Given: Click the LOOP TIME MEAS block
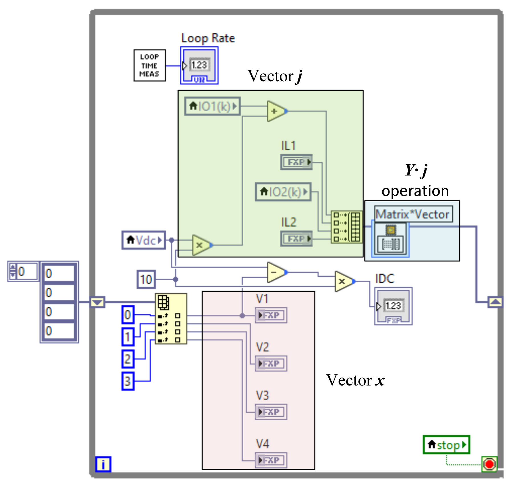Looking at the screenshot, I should (x=150, y=65).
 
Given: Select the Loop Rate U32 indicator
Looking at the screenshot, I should (x=199, y=66).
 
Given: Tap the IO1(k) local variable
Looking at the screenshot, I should (x=212, y=106).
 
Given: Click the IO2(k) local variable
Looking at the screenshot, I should (x=283, y=192).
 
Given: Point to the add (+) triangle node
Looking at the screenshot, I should (x=276, y=111).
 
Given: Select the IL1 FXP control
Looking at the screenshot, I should (x=296, y=162).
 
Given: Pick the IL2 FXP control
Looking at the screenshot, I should (x=296, y=239).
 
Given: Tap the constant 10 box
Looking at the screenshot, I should (x=146, y=279).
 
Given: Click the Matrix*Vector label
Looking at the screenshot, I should (x=413, y=214).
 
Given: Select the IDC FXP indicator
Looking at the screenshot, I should (x=393, y=306).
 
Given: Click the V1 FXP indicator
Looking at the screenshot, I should (x=271, y=315).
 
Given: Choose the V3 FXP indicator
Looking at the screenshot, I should (x=271, y=412).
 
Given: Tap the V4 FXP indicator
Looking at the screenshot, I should (x=271, y=460).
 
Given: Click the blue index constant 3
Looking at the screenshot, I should (x=128, y=381).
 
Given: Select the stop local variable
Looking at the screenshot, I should (x=446, y=445).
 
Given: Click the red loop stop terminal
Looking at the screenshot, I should (x=489, y=464).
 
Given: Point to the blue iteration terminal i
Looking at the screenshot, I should (x=103, y=464).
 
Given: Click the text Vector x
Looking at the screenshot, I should (x=355, y=380).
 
